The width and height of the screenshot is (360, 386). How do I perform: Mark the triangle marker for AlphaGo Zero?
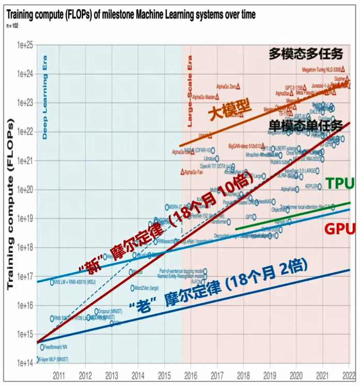[x=240, y=87]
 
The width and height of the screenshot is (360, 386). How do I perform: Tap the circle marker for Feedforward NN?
[x=42, y=347]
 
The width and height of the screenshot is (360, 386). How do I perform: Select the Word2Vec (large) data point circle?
[x=133, y=288]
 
